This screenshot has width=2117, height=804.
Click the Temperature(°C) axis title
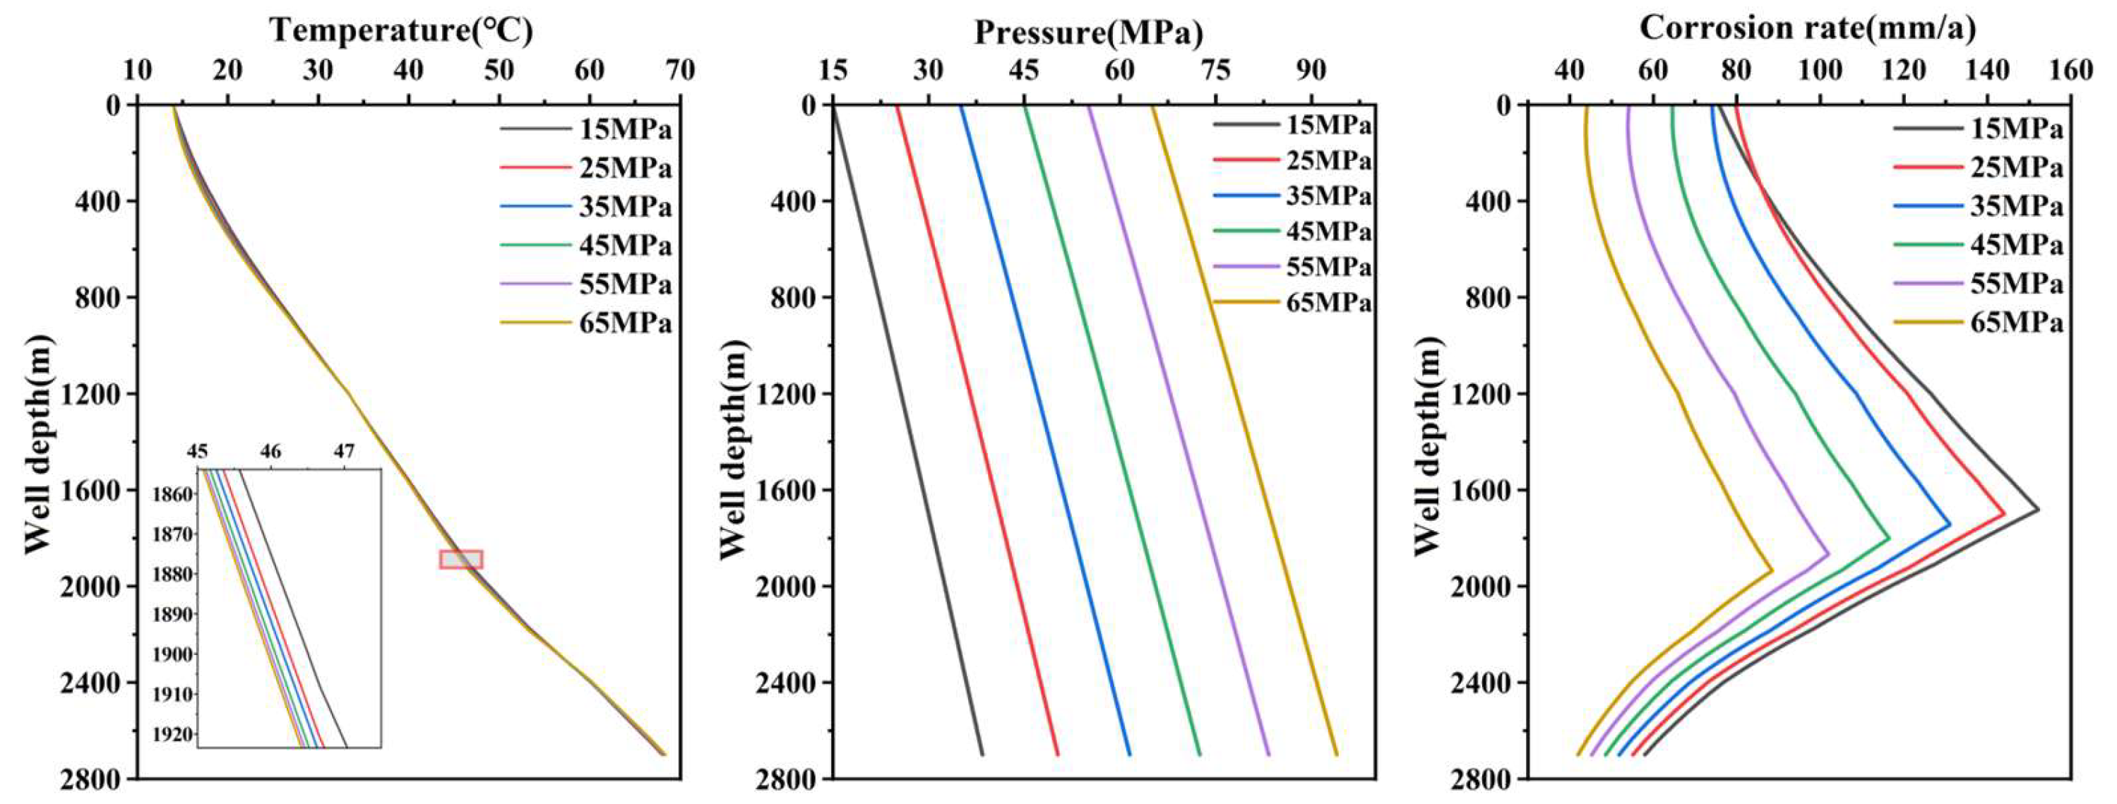(x=401, y=30)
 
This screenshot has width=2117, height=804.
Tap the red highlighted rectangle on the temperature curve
(x=461, y=559)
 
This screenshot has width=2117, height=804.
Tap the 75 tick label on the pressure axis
(x=1215, y=71)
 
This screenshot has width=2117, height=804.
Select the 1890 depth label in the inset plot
(x=174, y=614)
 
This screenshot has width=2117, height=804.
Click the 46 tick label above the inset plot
(x=270, y=451)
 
